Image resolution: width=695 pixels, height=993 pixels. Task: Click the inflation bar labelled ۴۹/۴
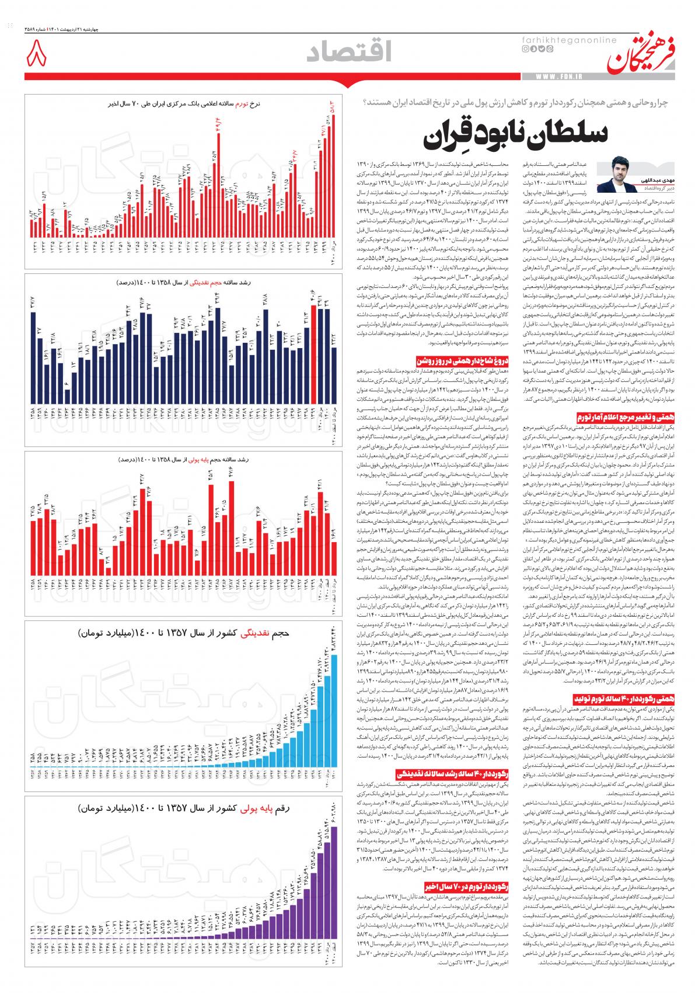[x=218, y=181]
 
